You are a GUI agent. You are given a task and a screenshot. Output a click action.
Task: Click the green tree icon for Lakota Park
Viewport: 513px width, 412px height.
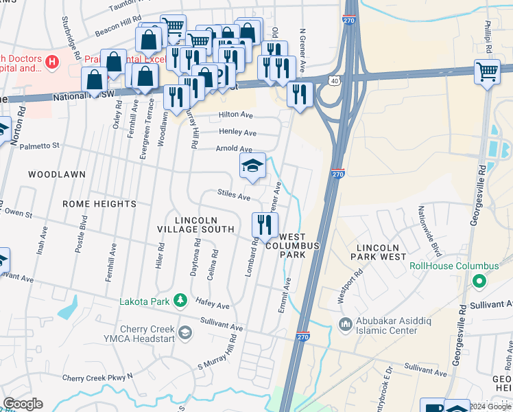(180, 300)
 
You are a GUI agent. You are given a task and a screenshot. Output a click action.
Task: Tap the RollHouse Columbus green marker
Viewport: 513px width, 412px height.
(479, 280)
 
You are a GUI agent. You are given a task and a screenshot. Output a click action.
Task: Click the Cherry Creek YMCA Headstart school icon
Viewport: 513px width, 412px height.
(184, 333)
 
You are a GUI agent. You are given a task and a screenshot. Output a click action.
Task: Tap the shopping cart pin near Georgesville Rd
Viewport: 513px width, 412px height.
(487, 71)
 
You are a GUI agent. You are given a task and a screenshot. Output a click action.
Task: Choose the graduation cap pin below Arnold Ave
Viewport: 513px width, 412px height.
(252, 165)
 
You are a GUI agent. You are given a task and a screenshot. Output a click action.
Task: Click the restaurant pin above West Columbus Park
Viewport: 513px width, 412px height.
(265, 224)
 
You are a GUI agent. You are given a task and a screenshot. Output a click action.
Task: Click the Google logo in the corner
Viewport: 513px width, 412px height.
(23, 404)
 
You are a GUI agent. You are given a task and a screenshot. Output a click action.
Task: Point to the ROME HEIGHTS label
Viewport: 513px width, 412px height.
(99, 204)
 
